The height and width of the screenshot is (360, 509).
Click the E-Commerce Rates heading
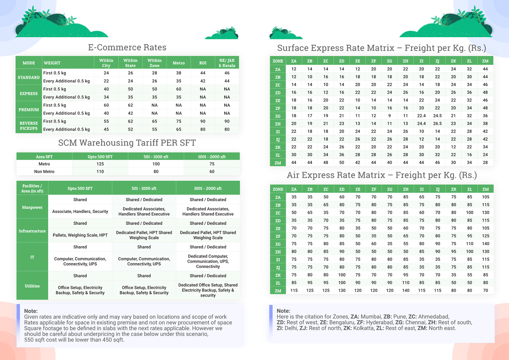click(x=127, y=48)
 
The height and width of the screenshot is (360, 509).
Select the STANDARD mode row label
click(x=29, y=77)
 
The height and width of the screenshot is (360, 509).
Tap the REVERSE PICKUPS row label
click(x=29, y=126)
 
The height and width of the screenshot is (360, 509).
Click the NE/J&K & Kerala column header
click(x=227, y=63)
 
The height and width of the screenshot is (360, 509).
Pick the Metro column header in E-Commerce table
click(x=179, y=63)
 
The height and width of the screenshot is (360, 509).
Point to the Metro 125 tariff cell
click(x=100, y=164)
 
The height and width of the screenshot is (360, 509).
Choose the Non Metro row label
click(x=44, y=171)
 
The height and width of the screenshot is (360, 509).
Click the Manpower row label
click(x=32, y=207)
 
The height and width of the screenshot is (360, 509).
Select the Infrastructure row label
click(x=32, y=231)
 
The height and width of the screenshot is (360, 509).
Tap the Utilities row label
click(x=32, y=286)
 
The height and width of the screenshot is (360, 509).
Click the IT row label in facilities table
click(x=32, y=257)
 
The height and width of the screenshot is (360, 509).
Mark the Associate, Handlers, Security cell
click(x=80, y=211)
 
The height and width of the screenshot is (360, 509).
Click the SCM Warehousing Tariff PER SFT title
click(x=127, y=143)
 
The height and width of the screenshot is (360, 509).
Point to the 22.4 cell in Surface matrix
click(x=421, y=116)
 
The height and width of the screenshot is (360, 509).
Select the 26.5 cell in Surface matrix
click(x=437, y=124)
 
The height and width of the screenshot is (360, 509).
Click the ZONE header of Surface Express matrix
click(x=278, y=61)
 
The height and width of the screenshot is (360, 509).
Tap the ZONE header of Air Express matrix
click(x=278, y=189)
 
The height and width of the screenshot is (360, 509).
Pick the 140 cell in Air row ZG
click(x=485, y=244)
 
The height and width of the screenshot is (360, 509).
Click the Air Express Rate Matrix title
click(x=382, y=175)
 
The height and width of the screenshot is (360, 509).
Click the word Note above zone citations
click(x=283, y=311)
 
